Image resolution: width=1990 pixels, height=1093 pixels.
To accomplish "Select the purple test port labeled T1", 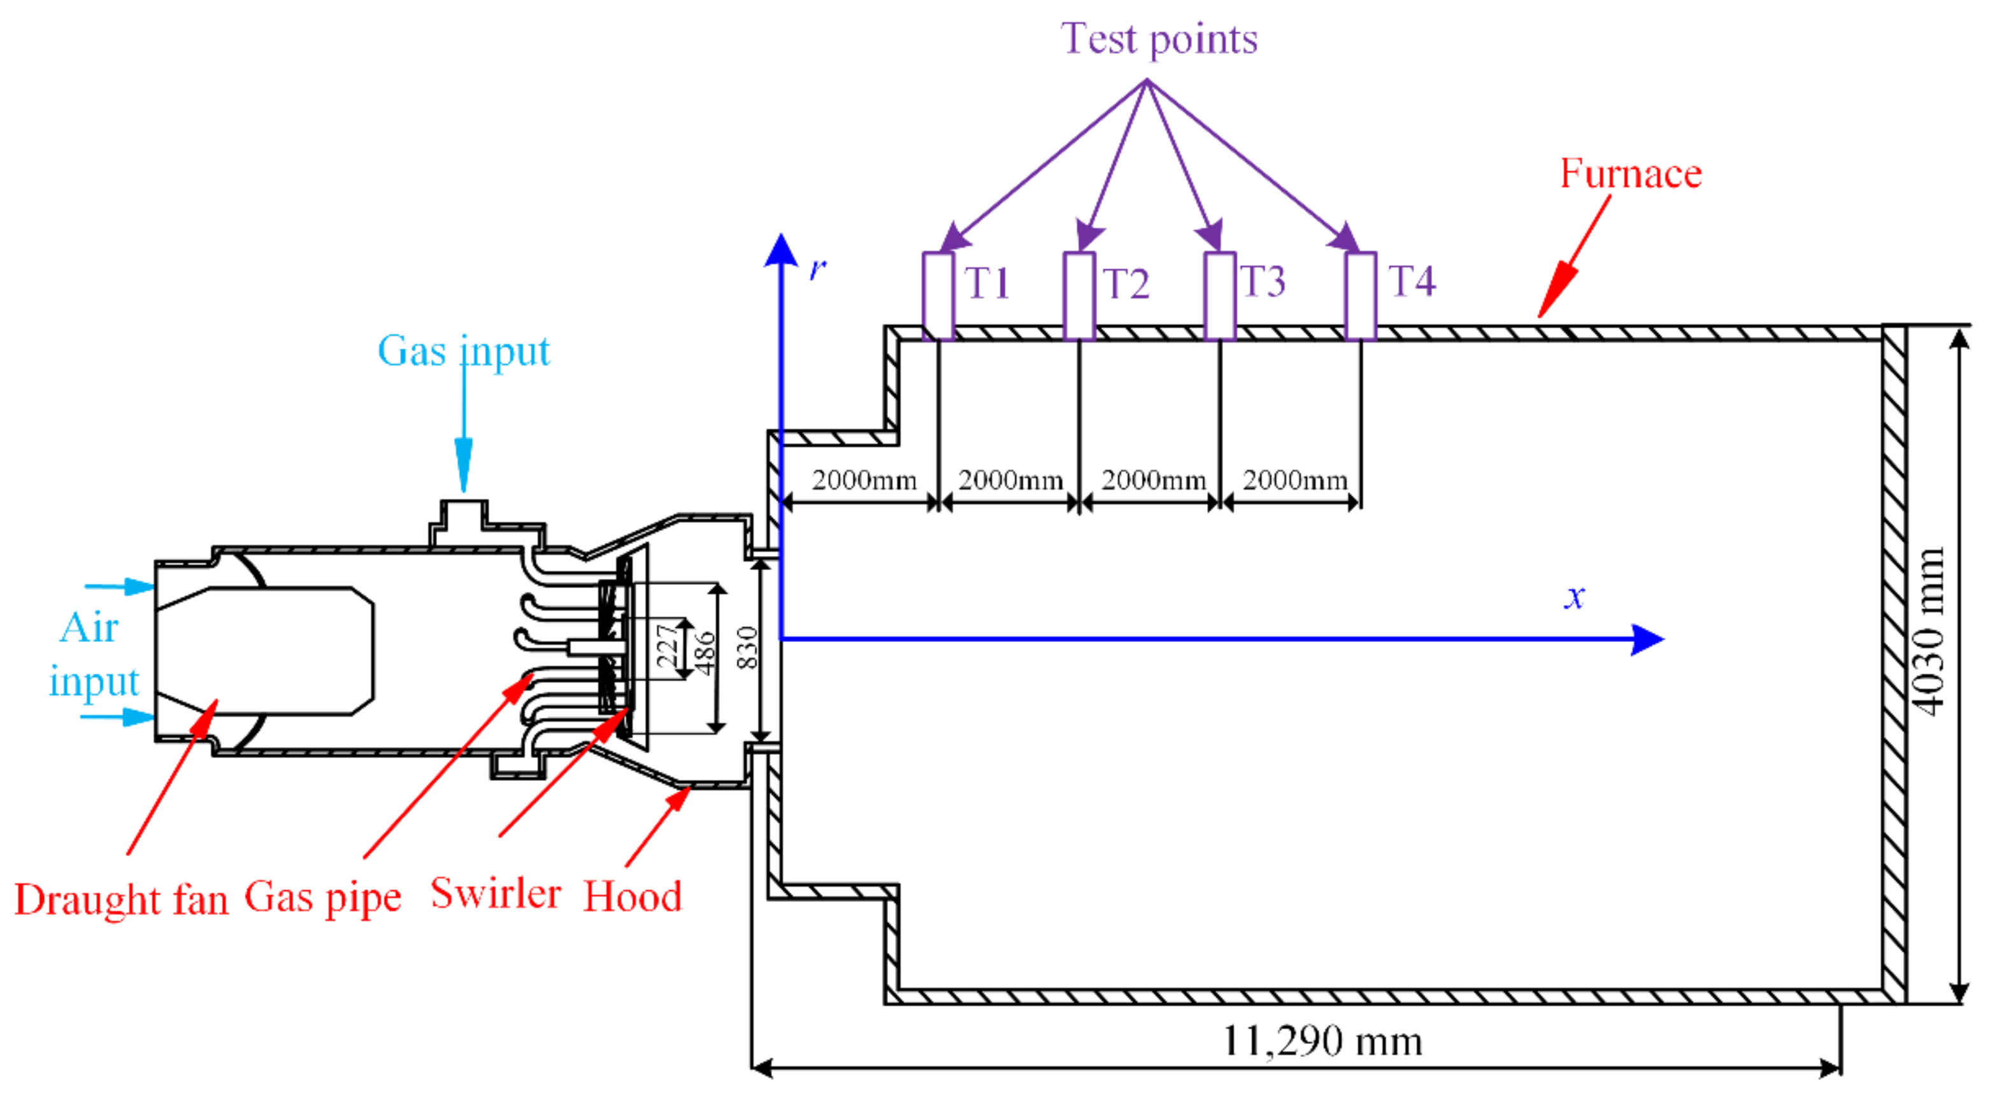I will [x=937, y=295].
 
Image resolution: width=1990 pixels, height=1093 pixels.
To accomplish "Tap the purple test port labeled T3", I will [x=1219, y=295].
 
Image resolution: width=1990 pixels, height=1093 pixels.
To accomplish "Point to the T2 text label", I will [x=1126, y=283].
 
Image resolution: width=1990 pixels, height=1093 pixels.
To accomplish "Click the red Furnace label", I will [x=1630, y=174].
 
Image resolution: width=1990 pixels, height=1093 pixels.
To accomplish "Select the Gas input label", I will [x=464, y=352].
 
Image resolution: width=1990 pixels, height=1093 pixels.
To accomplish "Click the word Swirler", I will [x=495, y=894].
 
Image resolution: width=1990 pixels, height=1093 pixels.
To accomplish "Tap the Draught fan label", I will [x=121, y=900].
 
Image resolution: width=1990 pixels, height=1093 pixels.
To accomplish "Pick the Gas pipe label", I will [x=322, y=897].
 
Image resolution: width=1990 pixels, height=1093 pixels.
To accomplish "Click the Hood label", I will [x=632, y=897].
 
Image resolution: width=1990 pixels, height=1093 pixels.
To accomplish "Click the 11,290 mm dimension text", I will [x=1321, y=1041].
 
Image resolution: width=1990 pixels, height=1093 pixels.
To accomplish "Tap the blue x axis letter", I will [x=1573, y=597].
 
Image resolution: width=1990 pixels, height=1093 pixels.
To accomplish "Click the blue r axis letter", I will [x=817, y=268].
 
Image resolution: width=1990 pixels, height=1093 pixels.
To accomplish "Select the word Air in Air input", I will [x=89, y=627].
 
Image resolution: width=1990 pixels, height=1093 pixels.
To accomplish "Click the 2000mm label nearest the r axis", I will [x=864, y=480].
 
